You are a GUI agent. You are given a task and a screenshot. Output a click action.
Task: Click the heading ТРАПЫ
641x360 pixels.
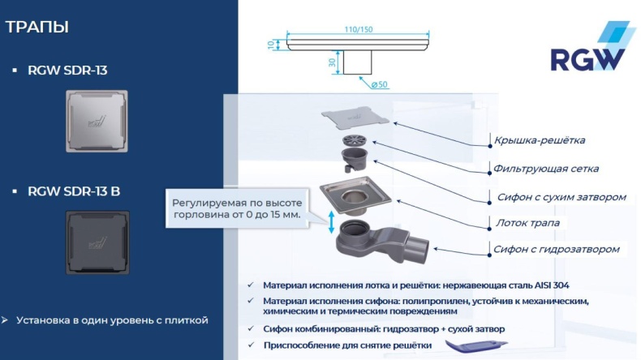click(x=37, y=27)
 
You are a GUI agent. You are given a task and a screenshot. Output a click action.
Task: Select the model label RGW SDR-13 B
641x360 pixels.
click(x=74, y=191)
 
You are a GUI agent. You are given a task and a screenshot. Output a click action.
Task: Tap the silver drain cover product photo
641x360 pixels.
click(x=97, y=121)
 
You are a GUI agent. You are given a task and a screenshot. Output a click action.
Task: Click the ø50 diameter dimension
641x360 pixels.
click(x=380, y=84)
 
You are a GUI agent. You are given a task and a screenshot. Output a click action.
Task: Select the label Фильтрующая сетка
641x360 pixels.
click(x=546, y=169)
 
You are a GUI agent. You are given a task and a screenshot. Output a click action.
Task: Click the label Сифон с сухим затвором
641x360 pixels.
click(x=556, y=196)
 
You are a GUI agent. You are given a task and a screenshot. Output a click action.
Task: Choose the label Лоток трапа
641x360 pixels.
click(x=527, y=222)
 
